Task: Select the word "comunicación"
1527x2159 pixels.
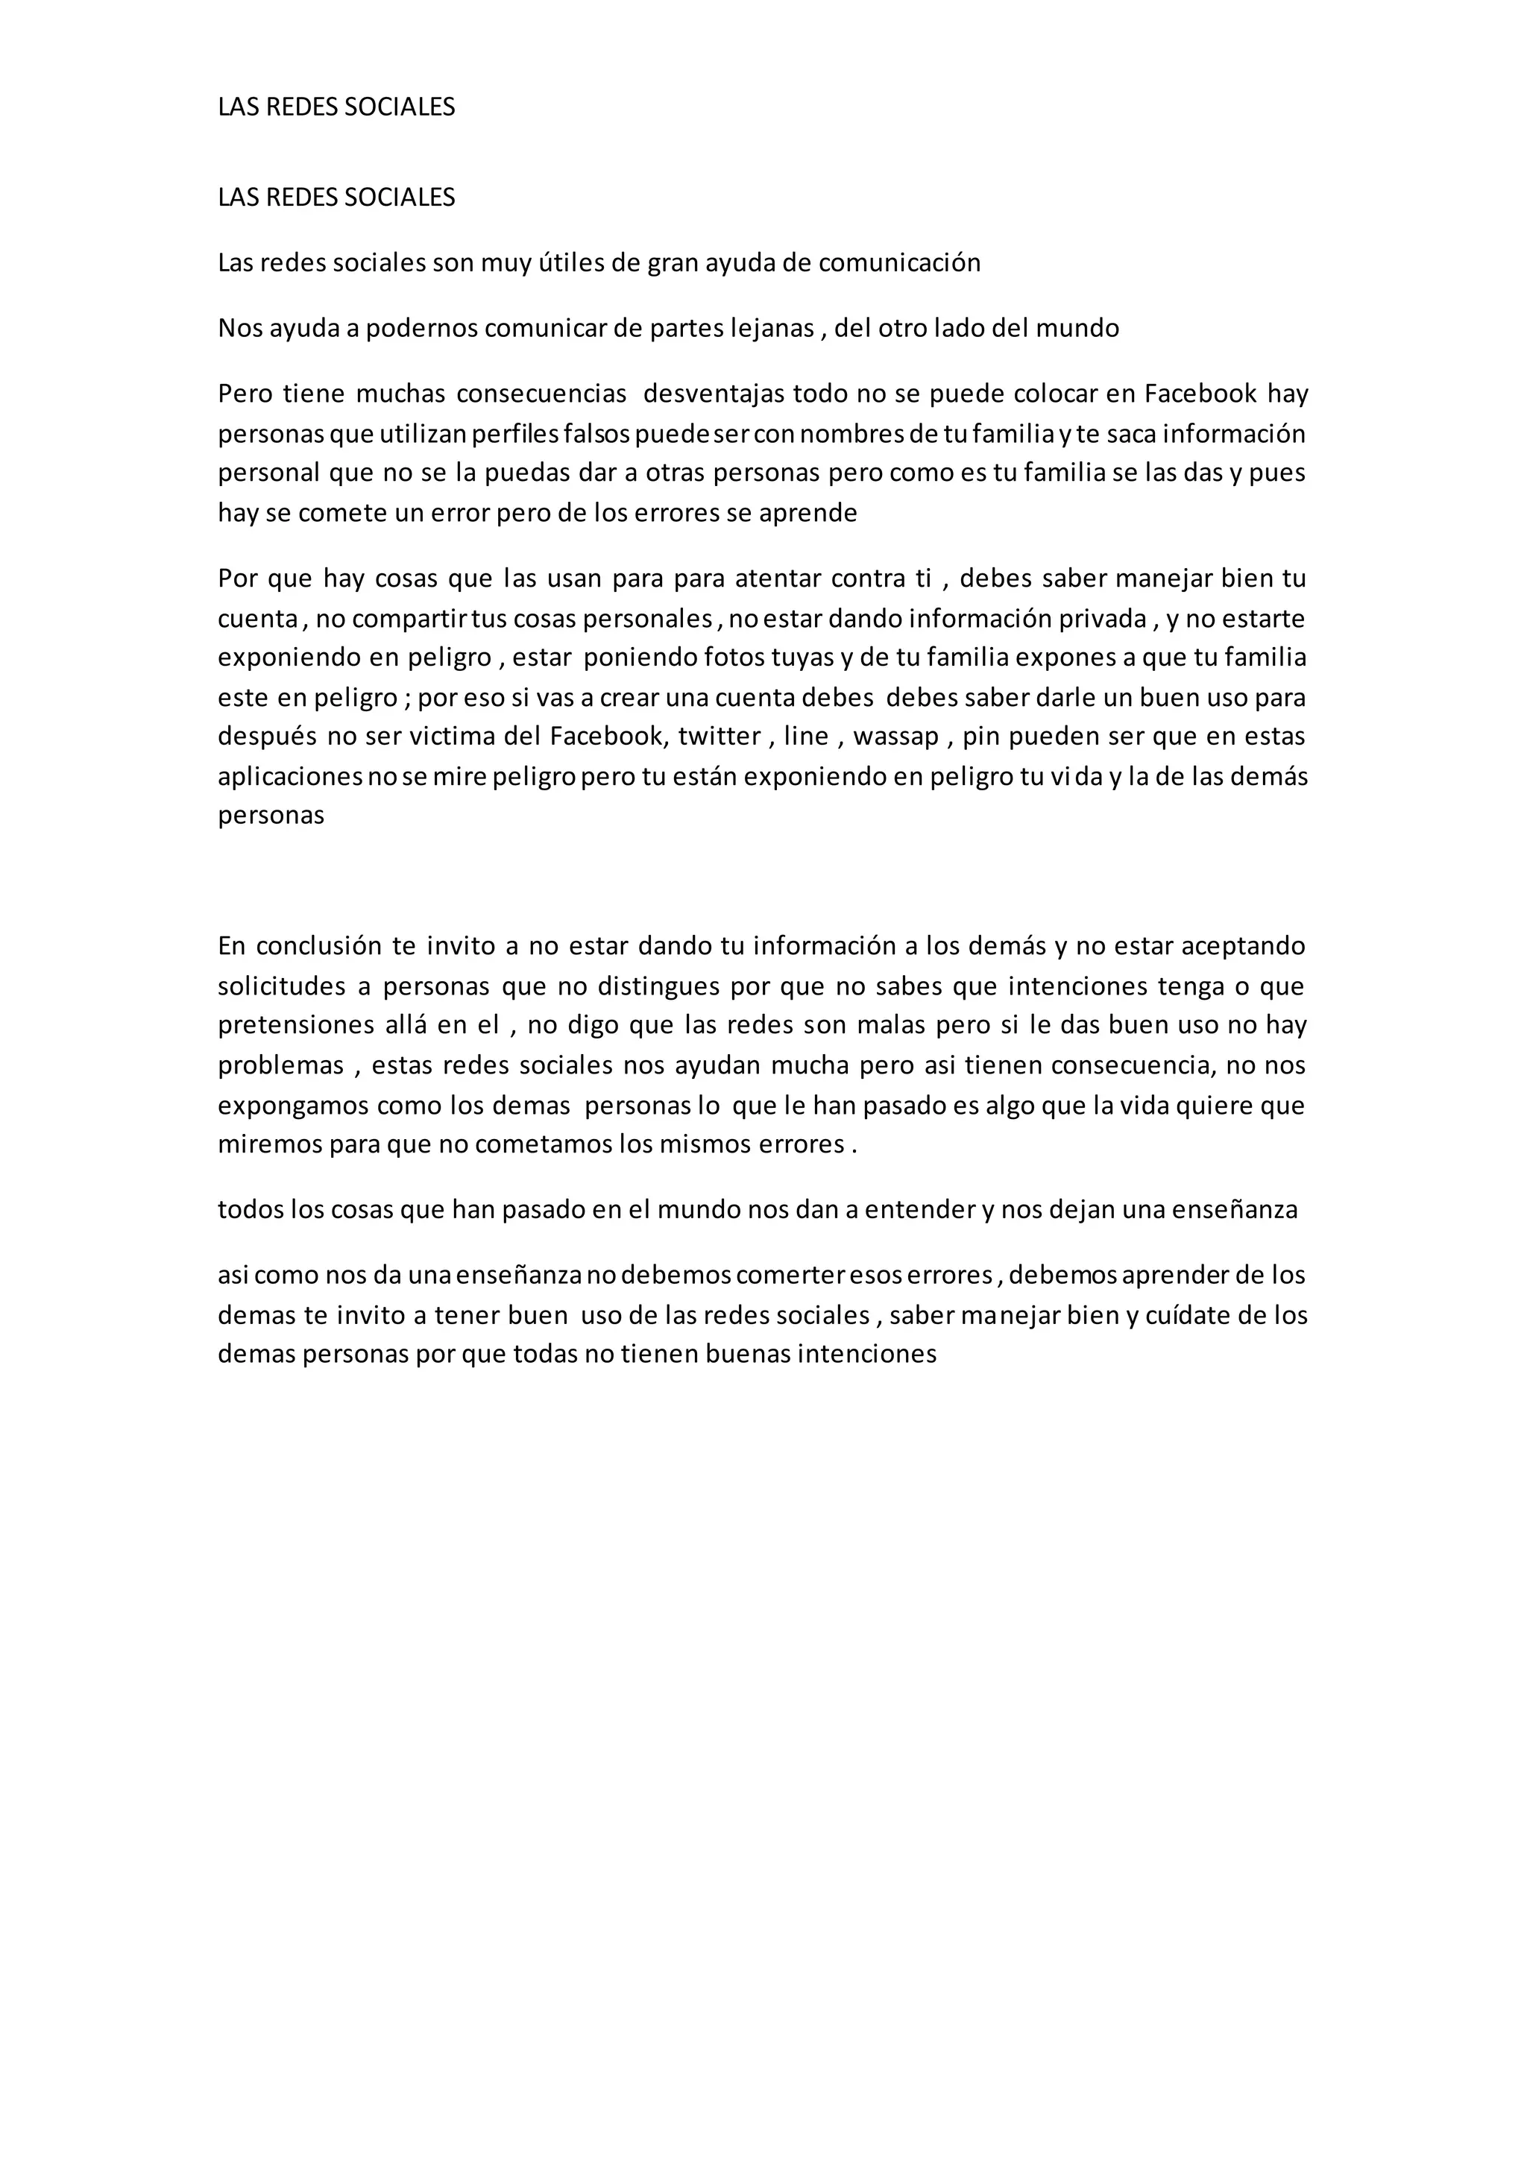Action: [x=899, y=263]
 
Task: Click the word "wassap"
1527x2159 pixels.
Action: [x=896, y=737]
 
